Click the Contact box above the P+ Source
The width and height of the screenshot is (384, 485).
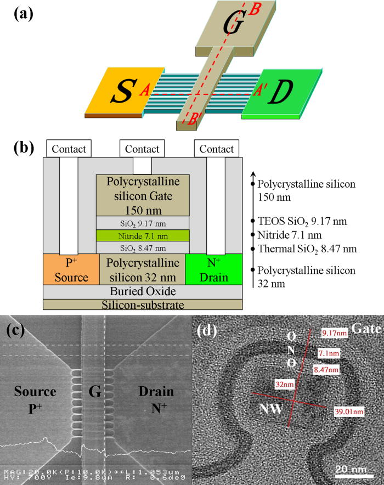(69, 149)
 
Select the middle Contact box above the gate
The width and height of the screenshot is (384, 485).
(142, 149)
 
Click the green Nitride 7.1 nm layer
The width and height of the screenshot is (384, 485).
(143, 235)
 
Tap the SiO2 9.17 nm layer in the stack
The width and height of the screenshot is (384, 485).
(143, 223)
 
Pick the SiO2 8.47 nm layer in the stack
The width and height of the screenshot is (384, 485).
(143, 247)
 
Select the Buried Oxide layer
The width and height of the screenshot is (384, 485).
(143, 292)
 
